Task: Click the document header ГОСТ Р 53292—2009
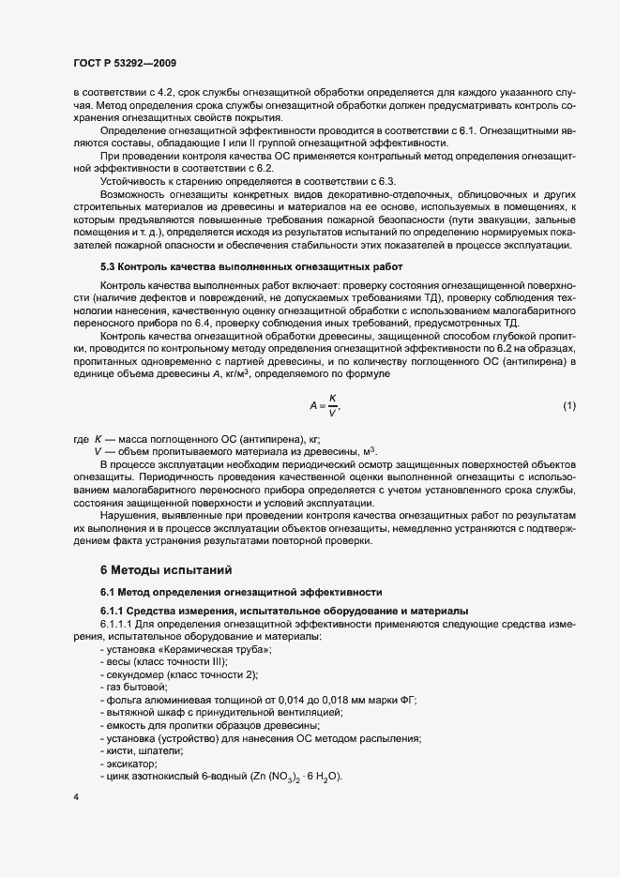(124, 63)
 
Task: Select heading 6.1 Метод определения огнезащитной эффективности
(241, 593)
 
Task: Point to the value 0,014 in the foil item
(292, 700)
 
